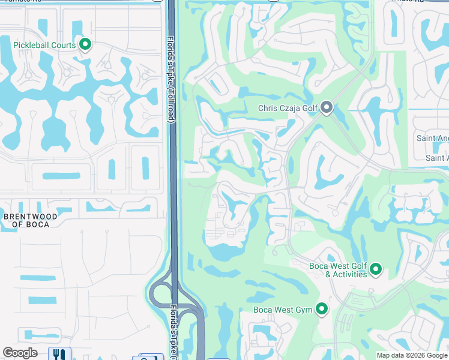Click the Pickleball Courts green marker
pyautogui.click(x=85, y=44)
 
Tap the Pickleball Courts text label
pyautogui.click(x=45, y=45)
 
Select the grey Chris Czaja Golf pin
pyautogui.click(x=327, y=108)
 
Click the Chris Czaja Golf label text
pyautogui.click(x=288, y=109)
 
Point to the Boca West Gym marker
pyautogui.click(x=322, y=309)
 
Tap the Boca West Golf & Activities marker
pyautogui.click(x=376, y=269)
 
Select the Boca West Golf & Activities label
pyautogui.click(x=338, y=270)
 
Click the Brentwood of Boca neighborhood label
pyautogui.click(x=31, y=220)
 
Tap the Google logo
pyautogui.click(x=20, y=353)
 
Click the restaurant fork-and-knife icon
pyautogui.click(x=59, y=355)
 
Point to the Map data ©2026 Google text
pyautogui.click(x=412, y=355)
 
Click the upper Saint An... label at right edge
pyautogui.click(x=433, y=139)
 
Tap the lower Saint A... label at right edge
pyautogui.click(x=436, y=158)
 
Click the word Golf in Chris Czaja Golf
pyautogui.click(x=309, y=109)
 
